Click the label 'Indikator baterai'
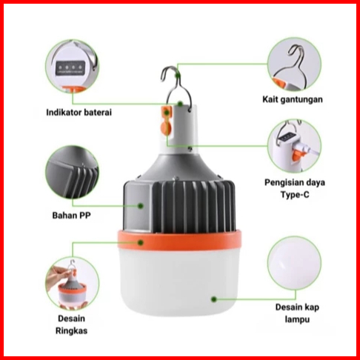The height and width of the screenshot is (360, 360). click(79, 113)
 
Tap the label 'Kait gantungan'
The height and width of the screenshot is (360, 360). click(293, 99)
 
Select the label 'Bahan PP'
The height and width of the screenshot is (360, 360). click(72, 216)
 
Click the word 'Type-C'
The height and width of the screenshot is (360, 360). click(295, 195)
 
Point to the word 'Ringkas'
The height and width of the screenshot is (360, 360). click(72, 330)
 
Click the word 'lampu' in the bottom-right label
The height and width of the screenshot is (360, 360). click(297, 319)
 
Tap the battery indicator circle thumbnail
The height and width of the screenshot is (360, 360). click(72, 67)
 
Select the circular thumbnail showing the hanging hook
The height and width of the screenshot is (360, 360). click(295, 64)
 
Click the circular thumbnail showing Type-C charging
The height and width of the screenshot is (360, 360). click(295, 146)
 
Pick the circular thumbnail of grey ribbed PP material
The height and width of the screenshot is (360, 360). click(72, 173)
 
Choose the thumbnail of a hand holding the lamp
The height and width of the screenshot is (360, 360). click(72, 283)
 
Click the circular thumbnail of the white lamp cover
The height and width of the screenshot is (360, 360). click(295, 263)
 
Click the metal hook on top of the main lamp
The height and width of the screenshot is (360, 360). click(176, 87)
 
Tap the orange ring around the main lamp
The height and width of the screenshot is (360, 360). click(179, 240)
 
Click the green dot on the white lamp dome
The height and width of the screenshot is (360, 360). click(214, 299)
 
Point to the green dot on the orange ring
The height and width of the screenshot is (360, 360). click(141, 243)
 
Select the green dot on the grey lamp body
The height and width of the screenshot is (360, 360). click(141, 206)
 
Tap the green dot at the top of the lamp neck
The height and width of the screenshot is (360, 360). click(181, 104)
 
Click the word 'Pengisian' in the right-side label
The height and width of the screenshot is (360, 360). click(281, 183)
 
